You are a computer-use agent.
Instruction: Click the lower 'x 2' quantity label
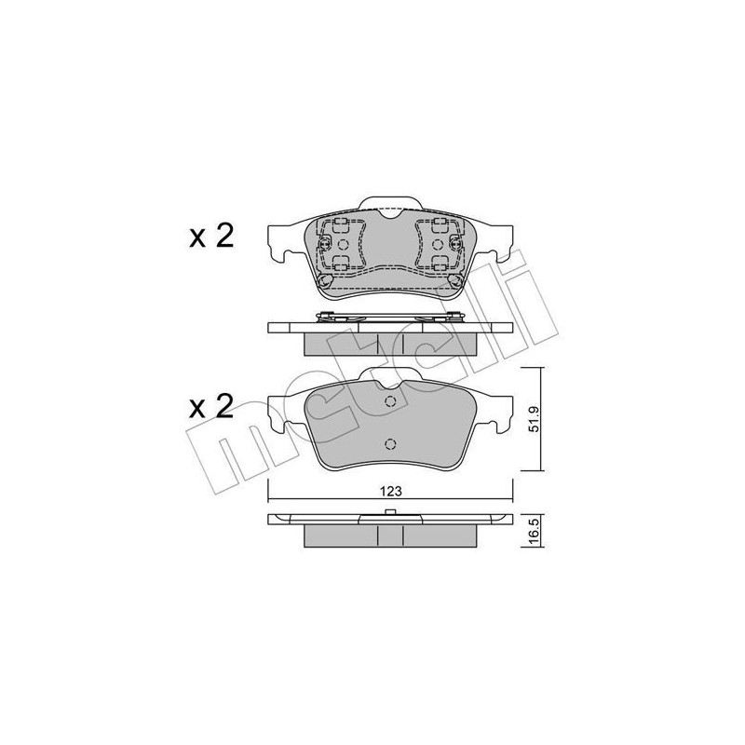pos(211,407)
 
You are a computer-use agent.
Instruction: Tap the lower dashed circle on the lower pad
pos(390,444)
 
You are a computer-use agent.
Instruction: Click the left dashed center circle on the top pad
pos(342,245)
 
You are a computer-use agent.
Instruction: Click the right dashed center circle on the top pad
pos(438,245)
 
